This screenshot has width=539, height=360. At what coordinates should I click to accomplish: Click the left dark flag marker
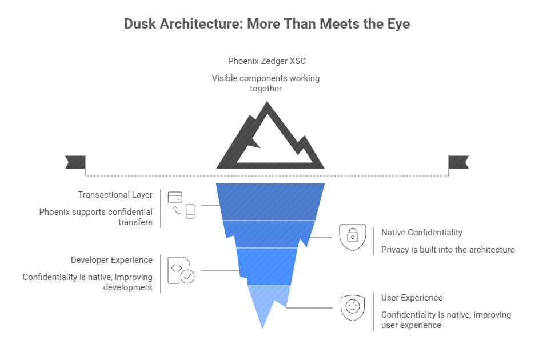click(75, 162)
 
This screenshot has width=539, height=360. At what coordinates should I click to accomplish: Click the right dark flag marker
click(458, 162)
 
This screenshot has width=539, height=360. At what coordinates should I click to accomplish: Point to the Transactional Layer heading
click(115, 195)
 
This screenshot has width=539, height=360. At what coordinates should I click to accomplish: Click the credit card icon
click(175, 198)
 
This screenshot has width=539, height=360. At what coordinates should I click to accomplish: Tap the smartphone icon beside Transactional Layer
click(190, 211)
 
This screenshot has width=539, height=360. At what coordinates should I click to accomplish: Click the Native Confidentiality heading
click(422, 233)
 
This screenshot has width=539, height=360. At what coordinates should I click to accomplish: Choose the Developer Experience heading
click(111, 260)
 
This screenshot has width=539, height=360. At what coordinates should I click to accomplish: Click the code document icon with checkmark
click(180, 271)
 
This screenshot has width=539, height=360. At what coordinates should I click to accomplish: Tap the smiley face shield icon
click(353, 307)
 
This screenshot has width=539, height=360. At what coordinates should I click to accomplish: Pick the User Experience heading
click(412, 298)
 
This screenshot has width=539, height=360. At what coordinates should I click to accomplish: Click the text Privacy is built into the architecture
click(448, 250)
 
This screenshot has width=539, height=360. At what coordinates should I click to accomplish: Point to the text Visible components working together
click(266, 83)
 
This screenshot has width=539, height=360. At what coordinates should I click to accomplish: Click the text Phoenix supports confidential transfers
click(95, 217)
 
